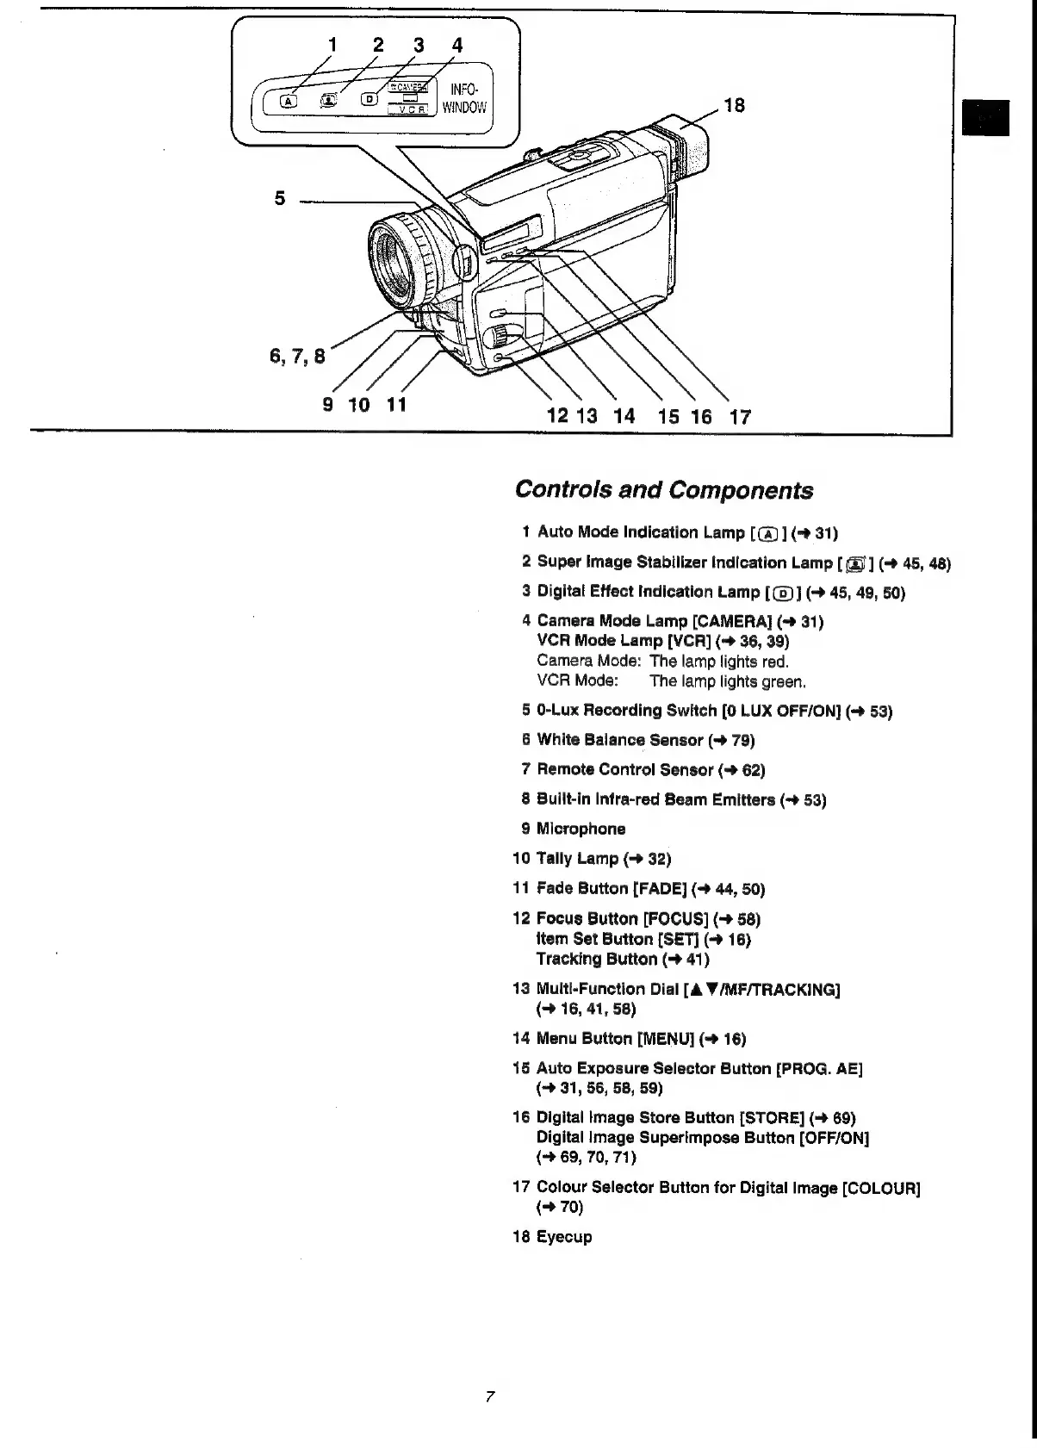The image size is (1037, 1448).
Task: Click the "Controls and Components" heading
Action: point(663,490)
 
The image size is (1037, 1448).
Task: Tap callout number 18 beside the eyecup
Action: point(734,105)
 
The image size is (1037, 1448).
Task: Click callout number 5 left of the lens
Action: point(279,197)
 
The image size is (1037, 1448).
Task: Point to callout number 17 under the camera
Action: point(740,417)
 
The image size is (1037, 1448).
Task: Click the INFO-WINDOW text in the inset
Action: point(464,98)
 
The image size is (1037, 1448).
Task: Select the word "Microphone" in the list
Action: point(581,829)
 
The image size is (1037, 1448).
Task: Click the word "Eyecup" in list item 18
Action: point(564,1237)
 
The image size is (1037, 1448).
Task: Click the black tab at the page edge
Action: point(985,118)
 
